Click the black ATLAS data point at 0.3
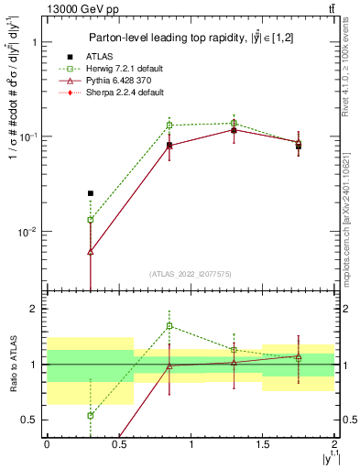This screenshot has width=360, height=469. point(90,193)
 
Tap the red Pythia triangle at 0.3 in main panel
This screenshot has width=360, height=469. point(90,252)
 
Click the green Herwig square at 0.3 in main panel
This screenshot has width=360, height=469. point(90,220)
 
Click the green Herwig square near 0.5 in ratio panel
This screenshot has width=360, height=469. point(90,415)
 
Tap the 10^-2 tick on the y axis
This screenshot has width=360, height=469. point(27,232)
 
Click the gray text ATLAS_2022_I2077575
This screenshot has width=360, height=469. point(191,273)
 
